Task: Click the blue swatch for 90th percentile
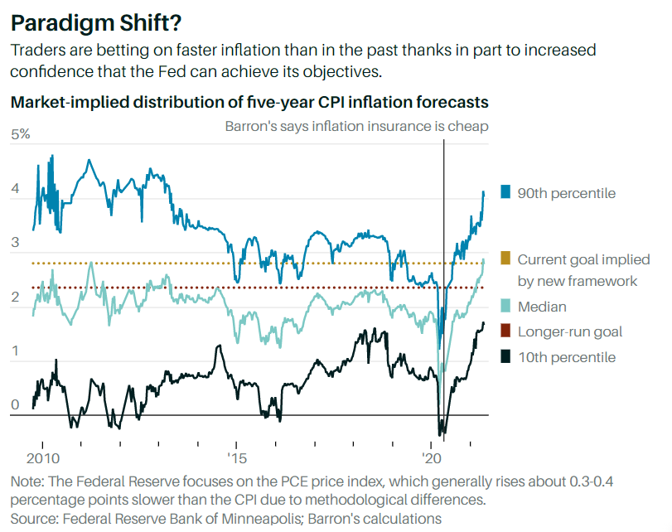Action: pyautogui.click(x=505, y=192)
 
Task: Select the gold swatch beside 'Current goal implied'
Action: pyautogui.click(x=505, y=259)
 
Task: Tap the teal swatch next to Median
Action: pyautogui.click(x=505, y=307)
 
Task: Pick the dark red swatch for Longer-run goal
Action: pyautogui.click(x=505, y=331)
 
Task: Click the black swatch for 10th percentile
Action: pyautogui.click(x=505, y=356)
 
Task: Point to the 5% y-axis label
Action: pyautogui.click(x=20, y=134)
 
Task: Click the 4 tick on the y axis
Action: pyautogui.click(x=14, y=189)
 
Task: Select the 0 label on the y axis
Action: pyautogui.click(x=14, y=405)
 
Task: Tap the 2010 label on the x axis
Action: pyautogui.click(x=42, y=458)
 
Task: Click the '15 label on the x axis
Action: pyautogui.click(x=236, y=458)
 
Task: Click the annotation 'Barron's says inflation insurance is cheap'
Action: pyautogui.click(x=356, y=126)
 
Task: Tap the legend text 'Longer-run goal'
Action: pyautogui.click(x=569, y=331)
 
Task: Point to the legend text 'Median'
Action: pyautogui.click(x=542, y=307)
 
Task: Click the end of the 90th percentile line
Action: pyautogui.click(x=484, y=191)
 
